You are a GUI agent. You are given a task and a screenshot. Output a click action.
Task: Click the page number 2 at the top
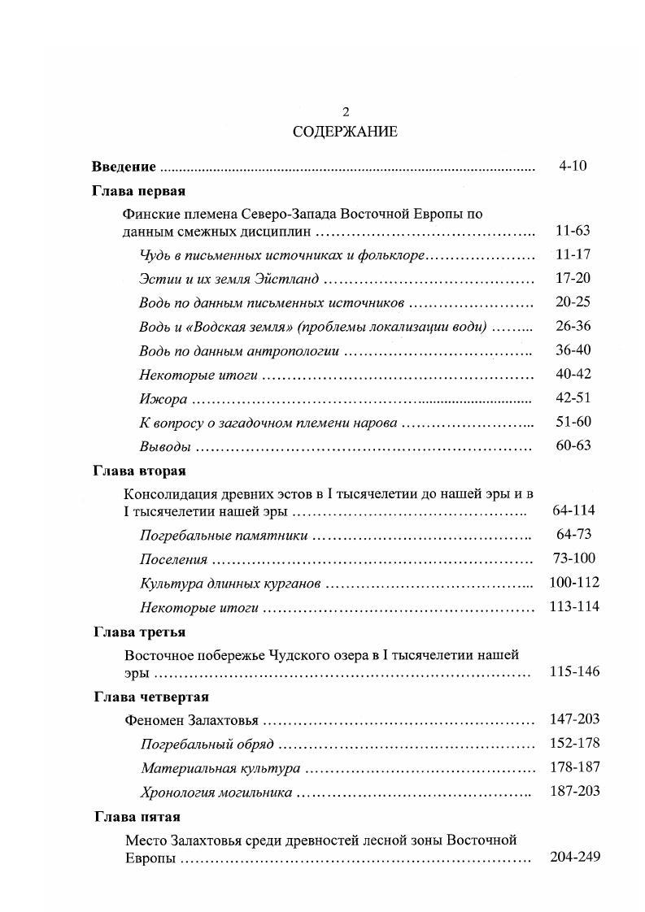(346, 112)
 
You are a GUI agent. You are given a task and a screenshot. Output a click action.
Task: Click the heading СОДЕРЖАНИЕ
(346, 132)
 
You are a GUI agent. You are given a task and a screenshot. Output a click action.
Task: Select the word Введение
(124, 167)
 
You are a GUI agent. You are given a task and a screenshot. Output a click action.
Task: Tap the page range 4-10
(573, 166)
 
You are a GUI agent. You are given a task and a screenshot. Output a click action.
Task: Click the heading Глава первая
(139, 192)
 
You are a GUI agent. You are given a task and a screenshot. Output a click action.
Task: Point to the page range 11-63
(573, 232)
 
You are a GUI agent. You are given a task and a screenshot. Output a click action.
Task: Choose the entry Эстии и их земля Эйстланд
(229, 279)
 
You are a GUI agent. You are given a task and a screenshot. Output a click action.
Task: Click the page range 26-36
(573, 326)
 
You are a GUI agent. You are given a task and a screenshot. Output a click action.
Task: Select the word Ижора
(163, 398)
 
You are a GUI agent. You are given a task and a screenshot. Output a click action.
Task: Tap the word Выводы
(165, 446)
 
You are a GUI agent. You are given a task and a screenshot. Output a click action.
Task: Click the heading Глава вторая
(139, 471)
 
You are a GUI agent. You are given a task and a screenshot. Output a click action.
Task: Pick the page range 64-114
(573, 510)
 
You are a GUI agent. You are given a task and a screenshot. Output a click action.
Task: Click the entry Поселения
(173, 559)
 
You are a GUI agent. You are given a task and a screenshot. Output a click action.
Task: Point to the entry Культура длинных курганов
(230, 583)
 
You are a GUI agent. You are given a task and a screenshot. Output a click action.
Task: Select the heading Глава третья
(139, 632)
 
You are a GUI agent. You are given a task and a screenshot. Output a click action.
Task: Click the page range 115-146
(573, 671)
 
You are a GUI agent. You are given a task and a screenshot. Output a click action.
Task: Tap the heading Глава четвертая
(150, 697)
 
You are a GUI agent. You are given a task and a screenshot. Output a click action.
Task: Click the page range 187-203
(573, 792)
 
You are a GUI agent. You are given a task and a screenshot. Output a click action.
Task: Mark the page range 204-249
(573, 857)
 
